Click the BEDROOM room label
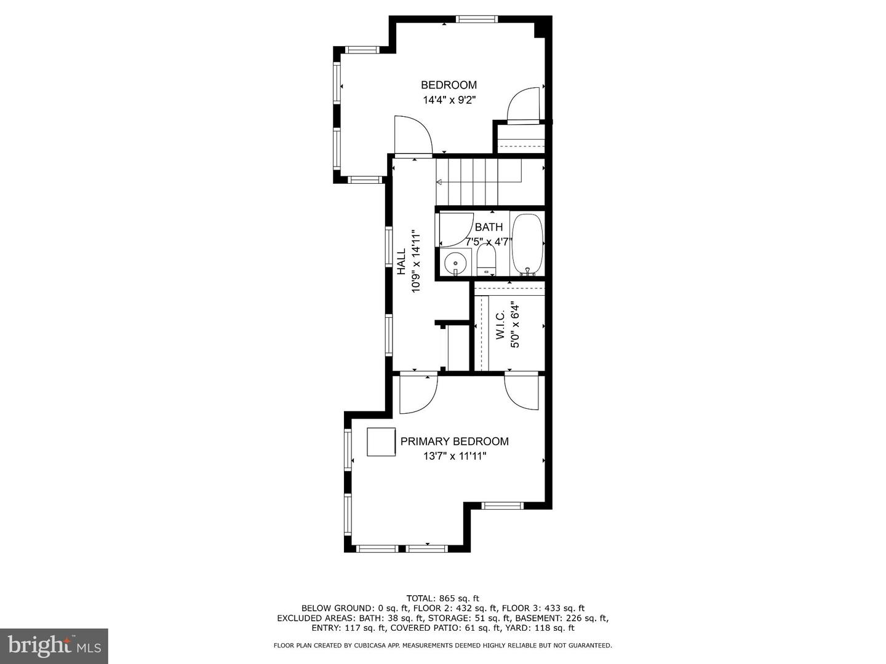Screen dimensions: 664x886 (x=449, y=85)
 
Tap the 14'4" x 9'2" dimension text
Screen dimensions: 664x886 (x=449, y=100)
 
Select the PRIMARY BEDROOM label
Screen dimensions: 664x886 (x=454, y=441)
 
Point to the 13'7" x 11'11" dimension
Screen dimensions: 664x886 (x=454, y=456)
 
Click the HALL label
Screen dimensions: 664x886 (x=401, y=261)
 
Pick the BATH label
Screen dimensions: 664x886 (x=489, y=227)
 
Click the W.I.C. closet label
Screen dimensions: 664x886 (x=500, y=325)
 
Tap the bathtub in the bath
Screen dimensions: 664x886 (x=527, y=244)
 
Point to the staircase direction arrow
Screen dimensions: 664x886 (x=439, y=182)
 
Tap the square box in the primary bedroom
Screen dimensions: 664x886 (x=381, y=442)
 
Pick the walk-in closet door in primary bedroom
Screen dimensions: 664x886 (x=522, y=392)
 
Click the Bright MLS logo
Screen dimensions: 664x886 (x=54, y=646)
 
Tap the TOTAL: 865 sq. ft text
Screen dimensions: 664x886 (x=442, y=598)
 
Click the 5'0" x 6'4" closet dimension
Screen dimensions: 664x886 (x=516, y=325)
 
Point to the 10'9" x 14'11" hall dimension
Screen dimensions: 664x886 (x=416, y=261)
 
